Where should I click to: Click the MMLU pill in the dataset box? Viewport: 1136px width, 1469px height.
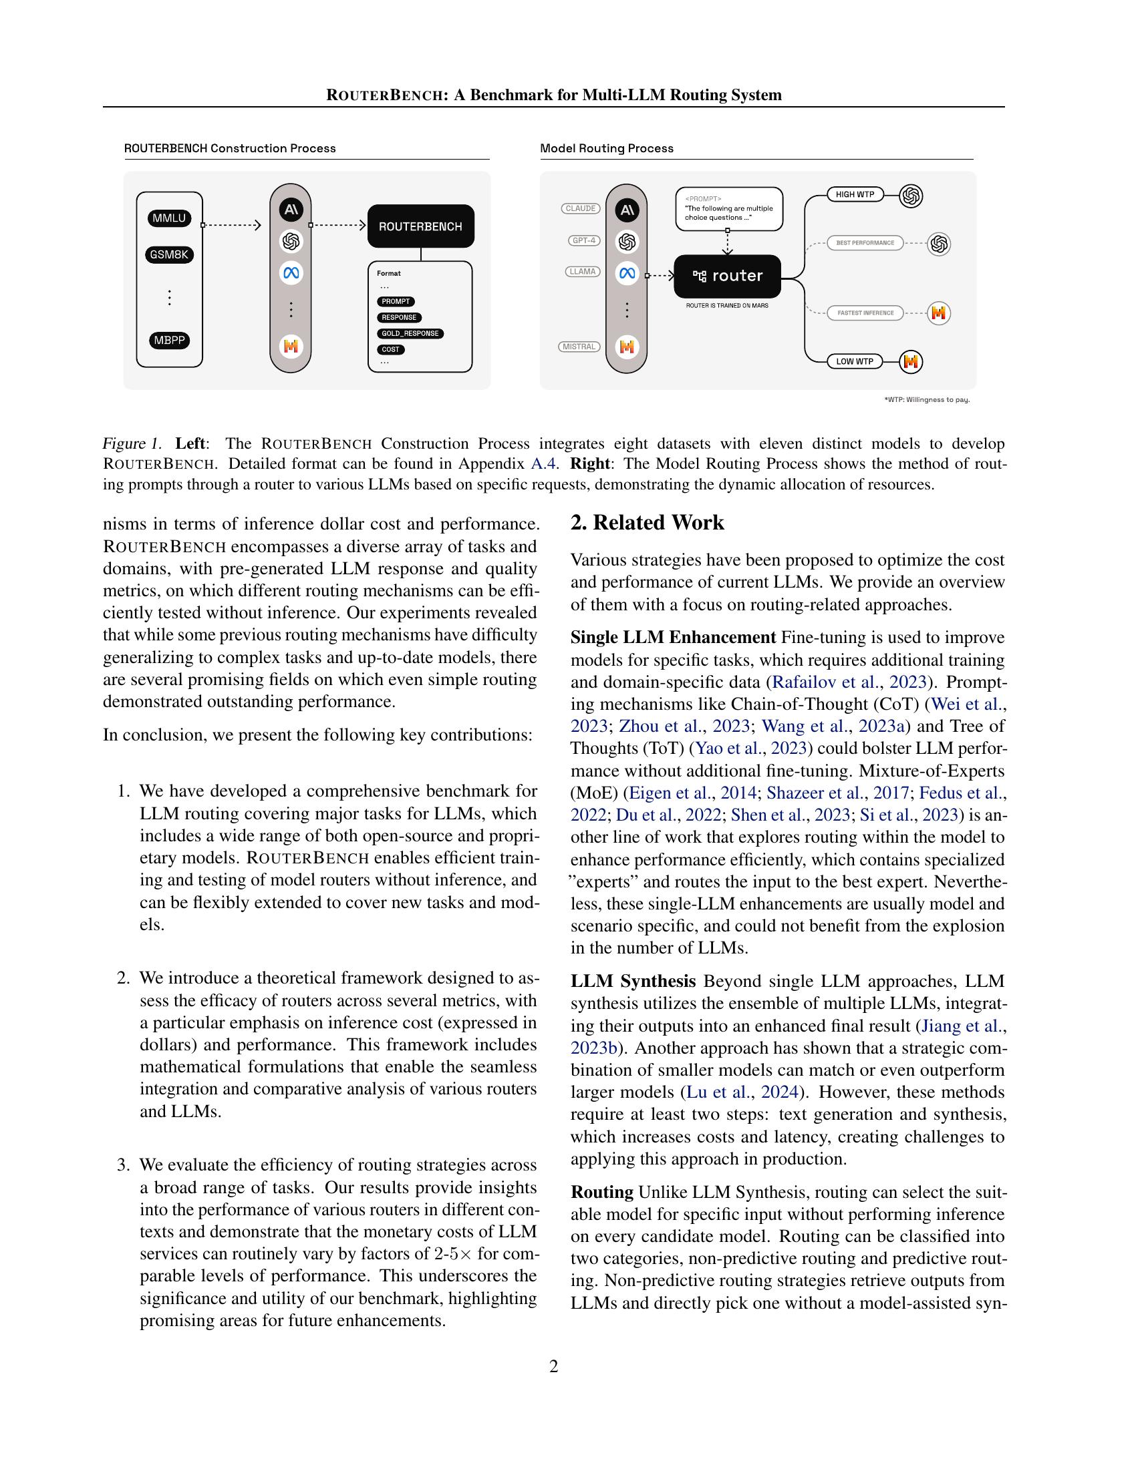(x=169, y=218)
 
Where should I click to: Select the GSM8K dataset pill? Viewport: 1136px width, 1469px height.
(x=169, y=255)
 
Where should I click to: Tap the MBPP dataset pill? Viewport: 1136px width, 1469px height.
(x=169, y=341)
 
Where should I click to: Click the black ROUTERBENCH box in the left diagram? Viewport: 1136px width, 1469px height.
(x=420, y=226)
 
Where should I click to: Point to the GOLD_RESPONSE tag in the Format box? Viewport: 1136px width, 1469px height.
(x=410, y=334)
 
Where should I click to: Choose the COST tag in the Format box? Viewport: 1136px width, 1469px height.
(x=390, y=350)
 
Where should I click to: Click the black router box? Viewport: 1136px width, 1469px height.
(x=727, y=276)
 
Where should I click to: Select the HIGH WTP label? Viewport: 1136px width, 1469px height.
(x=855, y=194)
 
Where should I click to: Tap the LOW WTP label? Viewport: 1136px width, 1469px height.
(x=855, y=362)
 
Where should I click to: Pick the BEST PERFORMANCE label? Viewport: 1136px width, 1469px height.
(x=865, y=243)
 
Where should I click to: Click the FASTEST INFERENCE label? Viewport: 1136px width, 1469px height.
(x=865, y=312)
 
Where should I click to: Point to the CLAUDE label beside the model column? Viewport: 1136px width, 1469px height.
(x=581, y=208)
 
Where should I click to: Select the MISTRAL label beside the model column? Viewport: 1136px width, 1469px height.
(x=579, y=347)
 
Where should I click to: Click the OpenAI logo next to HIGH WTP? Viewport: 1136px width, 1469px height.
(x=911, y=196)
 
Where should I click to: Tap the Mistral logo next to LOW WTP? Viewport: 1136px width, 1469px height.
(x=911, y=362)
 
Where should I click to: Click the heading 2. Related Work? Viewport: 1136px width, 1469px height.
(x=648, y=523)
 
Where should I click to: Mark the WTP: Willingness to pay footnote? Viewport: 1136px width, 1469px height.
(x=927, y=400)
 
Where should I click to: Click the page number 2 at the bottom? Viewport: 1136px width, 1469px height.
(x=554, y=1366)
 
